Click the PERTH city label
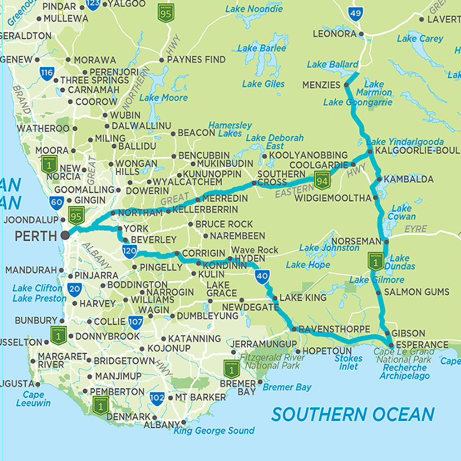click(36, 236)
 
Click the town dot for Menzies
click(346, 85)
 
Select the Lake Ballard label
click(333, 65)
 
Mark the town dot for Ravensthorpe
click(294, 329)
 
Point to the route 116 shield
click(47, 72)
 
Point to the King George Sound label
click(214, 431)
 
